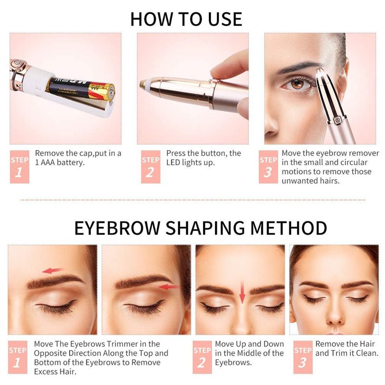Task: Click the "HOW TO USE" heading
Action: click(x=186, y=19)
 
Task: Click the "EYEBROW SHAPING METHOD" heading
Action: click(x=200, y=228)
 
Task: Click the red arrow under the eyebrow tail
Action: click(x=168, y=287)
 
